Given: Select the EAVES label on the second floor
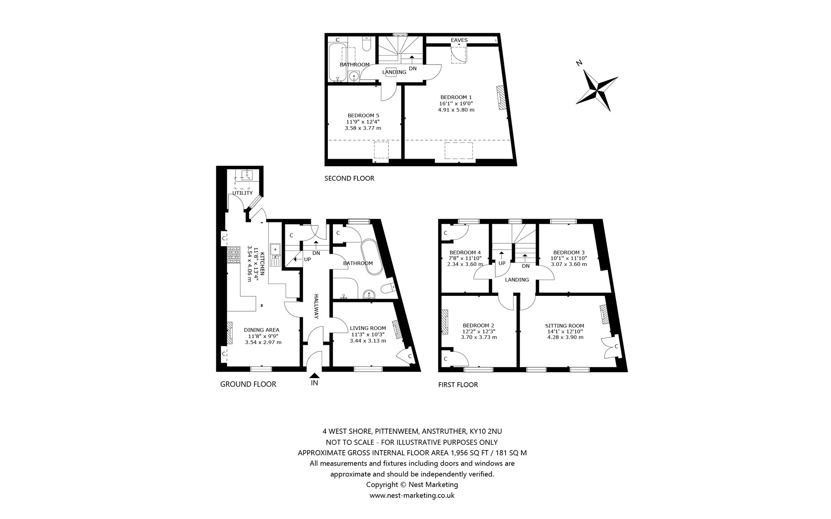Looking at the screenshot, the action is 459,40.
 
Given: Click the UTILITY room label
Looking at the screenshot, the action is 243,193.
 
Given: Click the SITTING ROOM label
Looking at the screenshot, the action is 564,325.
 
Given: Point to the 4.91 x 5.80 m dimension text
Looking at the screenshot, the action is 456,110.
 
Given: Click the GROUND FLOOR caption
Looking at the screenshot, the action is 248,384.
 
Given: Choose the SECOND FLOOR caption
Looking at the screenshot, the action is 349,178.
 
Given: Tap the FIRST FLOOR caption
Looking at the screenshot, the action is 458,385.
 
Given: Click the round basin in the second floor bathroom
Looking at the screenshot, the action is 354,76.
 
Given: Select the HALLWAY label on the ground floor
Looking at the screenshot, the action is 316,306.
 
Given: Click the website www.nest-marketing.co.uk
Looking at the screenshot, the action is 412,495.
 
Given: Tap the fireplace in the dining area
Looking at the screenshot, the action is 230,333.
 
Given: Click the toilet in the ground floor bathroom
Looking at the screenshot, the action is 389,288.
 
